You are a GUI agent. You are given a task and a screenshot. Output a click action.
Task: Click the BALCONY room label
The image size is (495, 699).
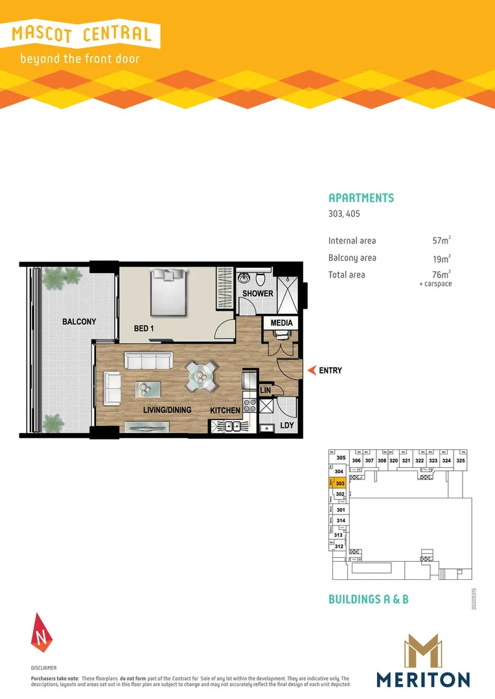point(79,322)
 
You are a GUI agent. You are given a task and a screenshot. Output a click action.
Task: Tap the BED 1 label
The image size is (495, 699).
point(144,329)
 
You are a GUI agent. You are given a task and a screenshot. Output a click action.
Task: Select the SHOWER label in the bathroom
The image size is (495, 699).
point(257,293)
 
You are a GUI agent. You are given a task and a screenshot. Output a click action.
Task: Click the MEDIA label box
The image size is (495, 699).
point(281,322)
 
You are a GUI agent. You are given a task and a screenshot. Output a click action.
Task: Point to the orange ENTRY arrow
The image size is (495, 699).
point(312,371)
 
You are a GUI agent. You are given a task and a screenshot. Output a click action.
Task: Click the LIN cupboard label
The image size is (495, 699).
point(265,391)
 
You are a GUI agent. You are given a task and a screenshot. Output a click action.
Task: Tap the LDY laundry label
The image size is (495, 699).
point(287,427)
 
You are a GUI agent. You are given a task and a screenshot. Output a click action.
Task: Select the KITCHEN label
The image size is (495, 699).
point(225,410)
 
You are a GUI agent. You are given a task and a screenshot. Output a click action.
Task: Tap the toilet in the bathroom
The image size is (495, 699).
point(260,278)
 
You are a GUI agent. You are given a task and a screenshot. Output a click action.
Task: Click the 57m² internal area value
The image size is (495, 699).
point(441,241)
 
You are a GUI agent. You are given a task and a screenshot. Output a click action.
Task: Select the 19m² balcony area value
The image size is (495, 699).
point(441,258)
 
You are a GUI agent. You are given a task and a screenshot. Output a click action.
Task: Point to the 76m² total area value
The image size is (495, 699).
point(441,274)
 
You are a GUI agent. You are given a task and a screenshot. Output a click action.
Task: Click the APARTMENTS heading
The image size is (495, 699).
point(361,198)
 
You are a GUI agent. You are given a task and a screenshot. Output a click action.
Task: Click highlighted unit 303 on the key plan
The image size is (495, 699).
point(339,482)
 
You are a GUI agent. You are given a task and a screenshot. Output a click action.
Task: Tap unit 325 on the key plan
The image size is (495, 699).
point(461,460)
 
